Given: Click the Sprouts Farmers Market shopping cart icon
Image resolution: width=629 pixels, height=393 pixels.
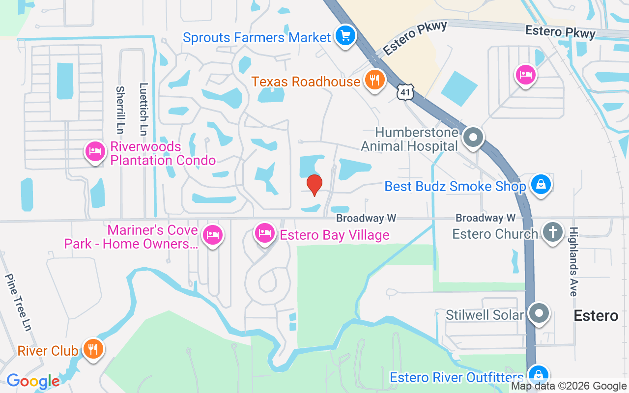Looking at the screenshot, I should tap(346, 36).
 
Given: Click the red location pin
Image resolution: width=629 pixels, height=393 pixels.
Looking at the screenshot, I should tap(314, 185).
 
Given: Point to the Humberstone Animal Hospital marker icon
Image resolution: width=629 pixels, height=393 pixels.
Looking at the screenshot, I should tap(474, 138).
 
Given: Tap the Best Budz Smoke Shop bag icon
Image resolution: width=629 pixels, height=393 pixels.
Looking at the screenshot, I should tap(541, 185).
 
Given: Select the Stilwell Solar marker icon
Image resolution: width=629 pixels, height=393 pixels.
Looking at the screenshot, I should tap(539, 313).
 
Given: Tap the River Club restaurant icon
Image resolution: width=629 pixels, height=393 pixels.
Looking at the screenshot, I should tap(92, 349).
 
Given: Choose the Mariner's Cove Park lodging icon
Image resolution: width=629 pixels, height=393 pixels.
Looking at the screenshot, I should tap(212, 235).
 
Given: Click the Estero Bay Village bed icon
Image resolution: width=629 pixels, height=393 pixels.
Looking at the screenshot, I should tap(265, 233).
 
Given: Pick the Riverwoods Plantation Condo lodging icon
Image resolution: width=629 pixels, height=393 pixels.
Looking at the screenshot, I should tap(95, 151).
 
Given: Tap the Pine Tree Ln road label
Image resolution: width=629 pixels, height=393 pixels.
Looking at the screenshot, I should tap(18, 302).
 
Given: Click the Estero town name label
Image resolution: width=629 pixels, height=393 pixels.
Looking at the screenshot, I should tap(596, 315).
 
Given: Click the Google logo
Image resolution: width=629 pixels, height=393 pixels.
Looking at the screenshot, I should tap(33, 381).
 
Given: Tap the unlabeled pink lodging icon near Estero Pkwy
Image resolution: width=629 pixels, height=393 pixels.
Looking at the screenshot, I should tap(525, 75).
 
